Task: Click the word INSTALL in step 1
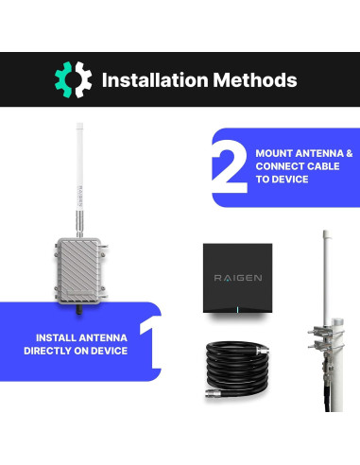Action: (x=60, y=337)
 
